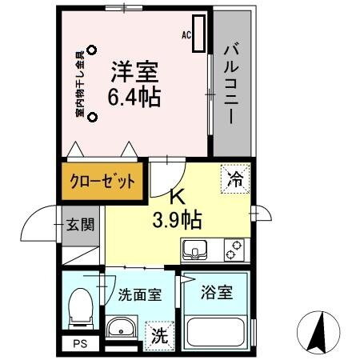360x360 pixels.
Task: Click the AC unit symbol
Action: click(198, 35)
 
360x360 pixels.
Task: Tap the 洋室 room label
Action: click(134, 72)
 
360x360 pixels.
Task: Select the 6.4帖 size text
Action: click(135, 97)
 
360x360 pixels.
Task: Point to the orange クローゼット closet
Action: click(102, 180)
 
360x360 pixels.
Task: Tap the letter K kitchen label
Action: click(177, 196)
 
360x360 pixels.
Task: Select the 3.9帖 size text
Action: click(178, 217)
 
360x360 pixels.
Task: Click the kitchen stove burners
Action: click(233, 252)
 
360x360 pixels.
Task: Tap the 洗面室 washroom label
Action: click(140, 294)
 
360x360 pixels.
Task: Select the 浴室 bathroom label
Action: click(218, 293)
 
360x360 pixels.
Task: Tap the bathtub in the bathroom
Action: click(216, 331)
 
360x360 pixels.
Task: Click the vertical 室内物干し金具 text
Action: click(80, 84)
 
